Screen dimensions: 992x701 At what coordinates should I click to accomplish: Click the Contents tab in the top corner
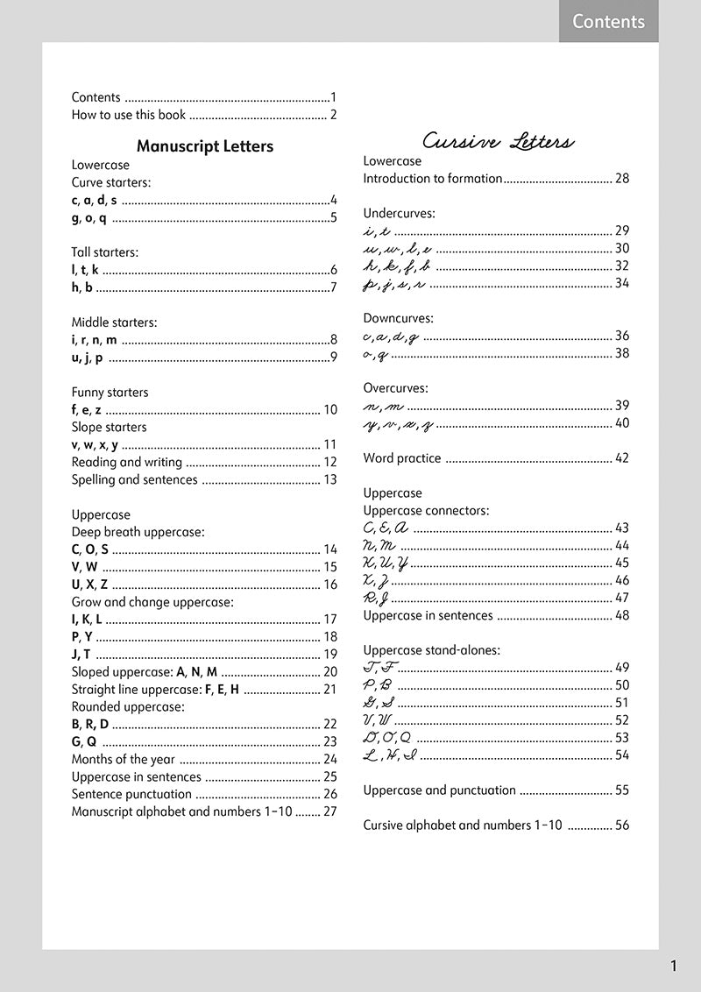click(608, 22)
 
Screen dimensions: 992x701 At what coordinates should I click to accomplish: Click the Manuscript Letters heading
click(205, 146)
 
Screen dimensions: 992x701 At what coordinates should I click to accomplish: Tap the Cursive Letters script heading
click(498, 142)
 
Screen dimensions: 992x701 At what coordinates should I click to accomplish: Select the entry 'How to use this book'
click(129, 115)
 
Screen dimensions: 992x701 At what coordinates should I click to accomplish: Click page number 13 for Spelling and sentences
click(329, 479)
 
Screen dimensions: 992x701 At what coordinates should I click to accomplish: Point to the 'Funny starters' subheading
click(110, 393)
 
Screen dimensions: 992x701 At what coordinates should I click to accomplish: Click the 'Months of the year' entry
click(123, 760)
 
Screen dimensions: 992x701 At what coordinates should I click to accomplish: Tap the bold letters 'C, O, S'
click(89, 549)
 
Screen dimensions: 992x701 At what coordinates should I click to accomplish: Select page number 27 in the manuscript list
click(329, 811)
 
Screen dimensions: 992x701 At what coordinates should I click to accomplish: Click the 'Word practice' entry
click(402, 458)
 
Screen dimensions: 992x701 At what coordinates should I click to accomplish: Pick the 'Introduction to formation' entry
click(433, 179)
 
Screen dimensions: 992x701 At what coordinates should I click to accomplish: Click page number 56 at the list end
click(621, 825)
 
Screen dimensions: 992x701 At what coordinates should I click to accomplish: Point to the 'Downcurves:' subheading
click(398, 318)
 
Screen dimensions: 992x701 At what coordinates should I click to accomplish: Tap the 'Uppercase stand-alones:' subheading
click(432, 650)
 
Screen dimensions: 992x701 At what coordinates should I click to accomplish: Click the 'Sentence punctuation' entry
click(131, 794)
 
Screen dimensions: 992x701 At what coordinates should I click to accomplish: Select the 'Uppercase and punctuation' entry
click(439, 790)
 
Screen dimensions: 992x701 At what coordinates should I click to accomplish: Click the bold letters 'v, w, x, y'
click(95, 444)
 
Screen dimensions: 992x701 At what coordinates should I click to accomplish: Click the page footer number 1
click(673, 967)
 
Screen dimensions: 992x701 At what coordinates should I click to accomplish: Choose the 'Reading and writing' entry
click(126, 462)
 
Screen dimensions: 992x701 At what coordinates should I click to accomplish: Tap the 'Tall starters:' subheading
click(104, 252)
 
